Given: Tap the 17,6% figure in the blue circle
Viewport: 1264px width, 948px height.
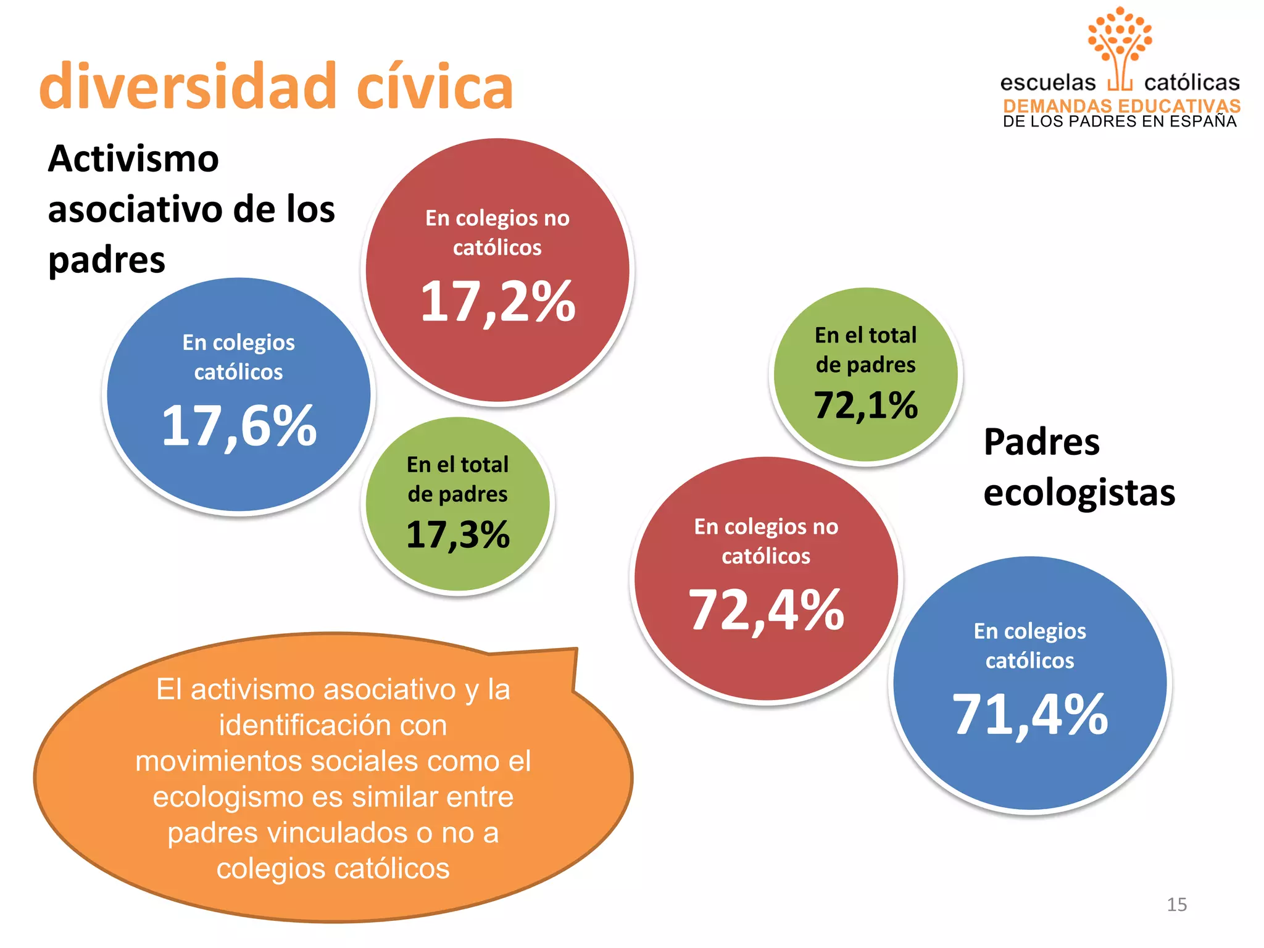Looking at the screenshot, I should coord(239,425).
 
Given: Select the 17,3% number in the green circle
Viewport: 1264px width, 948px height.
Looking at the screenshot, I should coord(457,534).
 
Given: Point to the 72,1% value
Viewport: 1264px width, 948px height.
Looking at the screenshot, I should coord(866,405).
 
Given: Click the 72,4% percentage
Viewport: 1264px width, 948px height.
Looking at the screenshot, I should coord(766,610).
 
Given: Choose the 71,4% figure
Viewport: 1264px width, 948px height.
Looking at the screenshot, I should coord(1030,714).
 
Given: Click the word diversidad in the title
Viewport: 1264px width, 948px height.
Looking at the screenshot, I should coord(187,86).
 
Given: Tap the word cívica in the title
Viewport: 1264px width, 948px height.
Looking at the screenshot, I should coord(434,86).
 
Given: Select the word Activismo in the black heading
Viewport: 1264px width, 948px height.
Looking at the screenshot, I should coord(133,159).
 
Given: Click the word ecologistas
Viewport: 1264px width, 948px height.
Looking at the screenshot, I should coord(1079,493).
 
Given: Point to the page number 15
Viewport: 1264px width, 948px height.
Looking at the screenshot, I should coord(1176,905).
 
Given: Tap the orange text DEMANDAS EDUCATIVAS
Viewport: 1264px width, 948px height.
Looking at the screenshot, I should coord(1121,106).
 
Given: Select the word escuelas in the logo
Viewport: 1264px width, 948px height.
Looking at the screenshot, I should coord(1047,83).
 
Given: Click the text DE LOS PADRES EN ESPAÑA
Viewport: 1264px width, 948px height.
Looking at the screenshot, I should coord(1120,122).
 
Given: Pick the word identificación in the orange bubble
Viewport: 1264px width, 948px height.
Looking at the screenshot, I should coord(333,725).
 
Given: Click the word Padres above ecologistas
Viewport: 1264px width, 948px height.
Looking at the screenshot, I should coord(1041,442).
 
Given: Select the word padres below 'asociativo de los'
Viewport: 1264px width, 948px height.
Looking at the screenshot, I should coord(107,260).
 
